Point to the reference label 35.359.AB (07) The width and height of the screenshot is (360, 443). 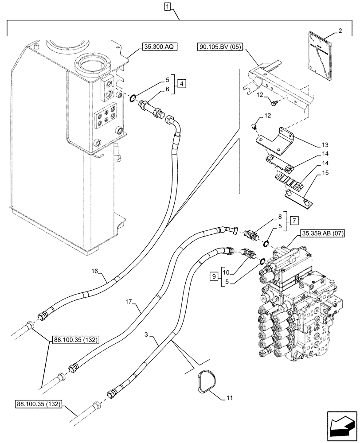[x=323, y=233]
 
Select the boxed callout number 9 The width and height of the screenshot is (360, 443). [x=215, y=277]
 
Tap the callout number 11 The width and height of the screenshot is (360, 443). [x=229, y=398]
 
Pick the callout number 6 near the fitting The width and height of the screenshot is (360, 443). [x=167, y=89]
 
